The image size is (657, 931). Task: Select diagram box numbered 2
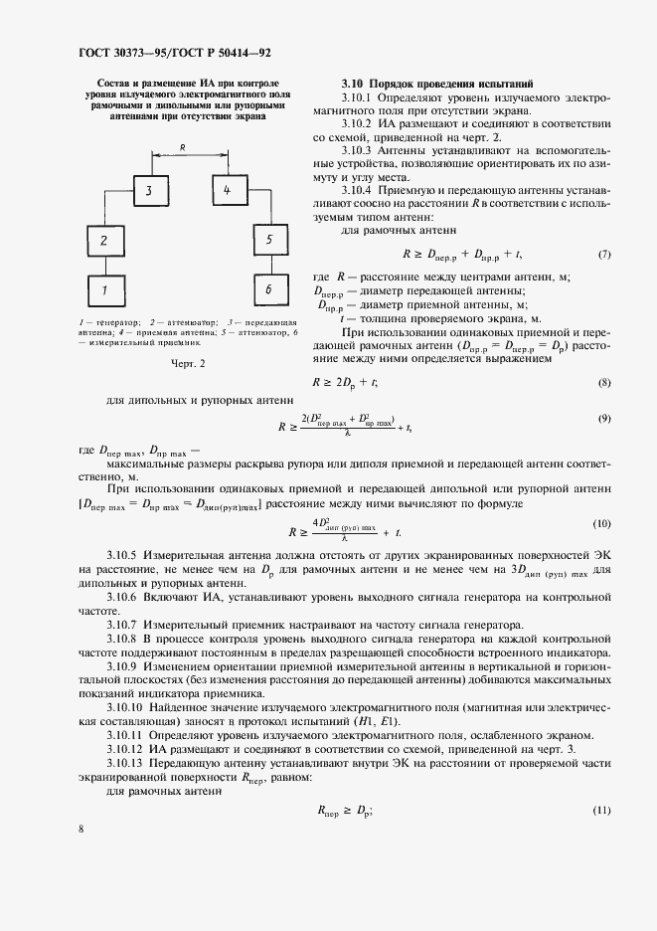coord(102,241)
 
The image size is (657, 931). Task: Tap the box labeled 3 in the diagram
coord(149,189)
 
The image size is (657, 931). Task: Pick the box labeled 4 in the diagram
coord(226,189)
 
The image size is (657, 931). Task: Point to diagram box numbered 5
coord(268,241)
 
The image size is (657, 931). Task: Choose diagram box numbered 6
coord(268,289)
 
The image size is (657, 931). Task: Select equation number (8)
coord(604,381)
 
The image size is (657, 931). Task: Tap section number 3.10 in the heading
coord(353,84)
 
